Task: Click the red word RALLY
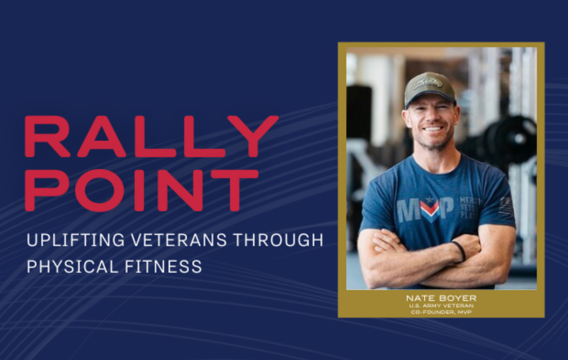(x=151, y=136)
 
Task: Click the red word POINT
(x=141, y=190)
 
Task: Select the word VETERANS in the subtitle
(x=179, y=240)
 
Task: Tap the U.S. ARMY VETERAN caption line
(x=441, y=306)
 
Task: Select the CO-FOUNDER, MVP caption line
(x=441, y=312)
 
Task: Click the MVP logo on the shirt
(x=425, y=210)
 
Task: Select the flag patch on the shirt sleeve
(x=506, y=205)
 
